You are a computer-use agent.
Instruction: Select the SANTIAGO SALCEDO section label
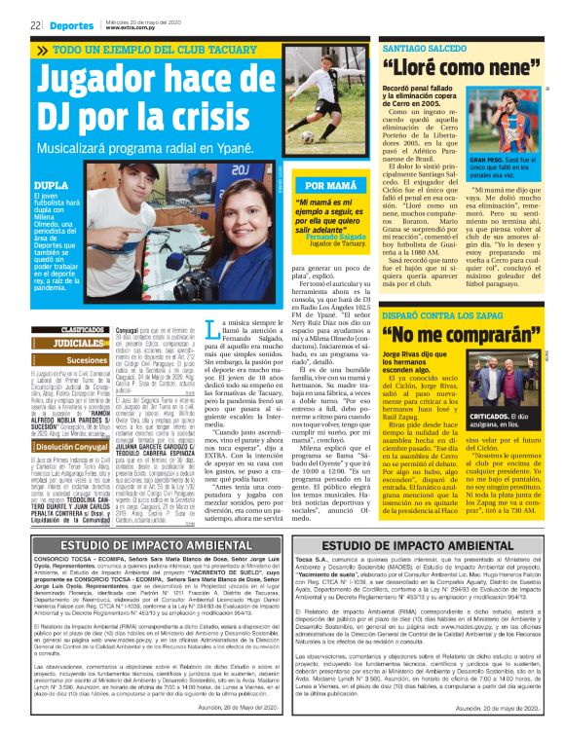point(427,47)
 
